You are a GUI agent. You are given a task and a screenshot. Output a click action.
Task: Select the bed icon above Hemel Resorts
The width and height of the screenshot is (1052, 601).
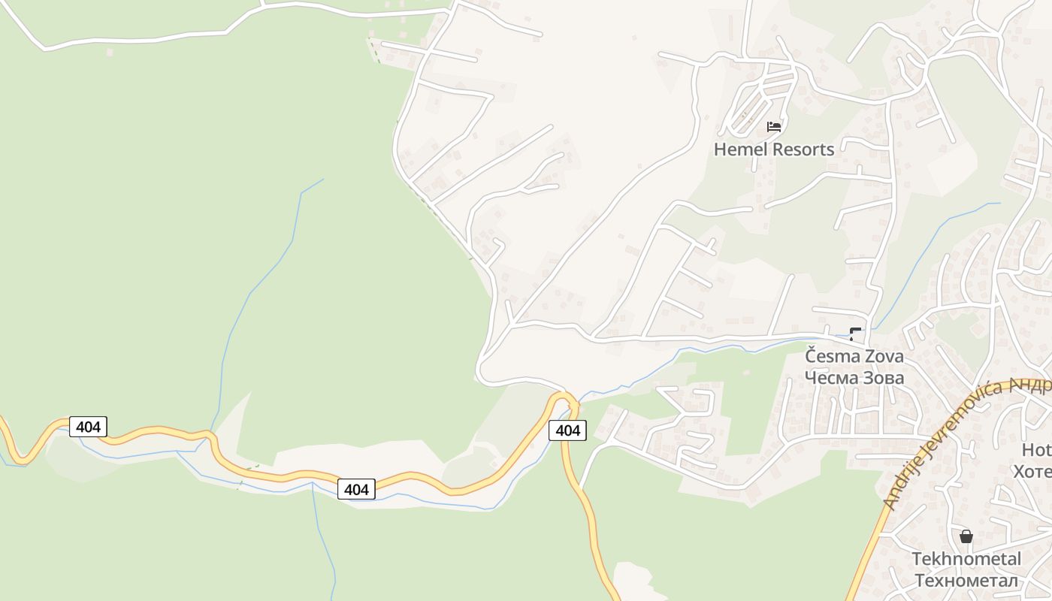(x=774, y=127)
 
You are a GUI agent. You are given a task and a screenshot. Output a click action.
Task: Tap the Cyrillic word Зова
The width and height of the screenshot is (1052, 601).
(x=884, y=377)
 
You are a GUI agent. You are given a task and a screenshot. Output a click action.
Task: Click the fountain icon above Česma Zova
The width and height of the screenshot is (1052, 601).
(x=855, y=334)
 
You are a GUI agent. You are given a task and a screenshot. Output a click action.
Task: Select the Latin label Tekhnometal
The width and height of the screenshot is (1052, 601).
(x=966, y=559)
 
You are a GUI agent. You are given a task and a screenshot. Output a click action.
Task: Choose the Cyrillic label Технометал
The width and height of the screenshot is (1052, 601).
(x=966, y=581)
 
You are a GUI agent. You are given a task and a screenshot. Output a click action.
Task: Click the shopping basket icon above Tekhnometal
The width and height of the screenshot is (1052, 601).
(x=966, y=536)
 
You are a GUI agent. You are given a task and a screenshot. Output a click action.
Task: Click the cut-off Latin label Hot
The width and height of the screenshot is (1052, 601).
(x=1036, y=450)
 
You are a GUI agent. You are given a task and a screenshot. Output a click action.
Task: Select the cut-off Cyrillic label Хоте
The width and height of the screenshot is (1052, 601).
(x=1032, y=472)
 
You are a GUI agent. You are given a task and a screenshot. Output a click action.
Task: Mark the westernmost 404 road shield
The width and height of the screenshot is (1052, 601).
(x=89, y=427)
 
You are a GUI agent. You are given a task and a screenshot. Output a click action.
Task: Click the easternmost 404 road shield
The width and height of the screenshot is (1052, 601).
(x=568, y=430)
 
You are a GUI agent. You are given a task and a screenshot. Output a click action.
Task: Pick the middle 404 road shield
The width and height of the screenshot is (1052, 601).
(x=356, y=489)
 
